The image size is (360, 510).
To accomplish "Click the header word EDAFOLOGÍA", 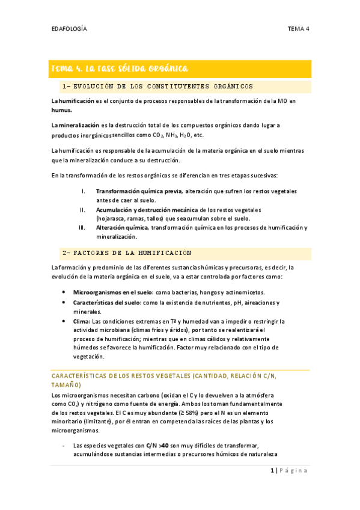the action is (x=69, y=28).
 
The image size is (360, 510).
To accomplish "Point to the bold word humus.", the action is (x=61, y=111).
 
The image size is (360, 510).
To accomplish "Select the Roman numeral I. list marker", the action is (x=84, y=191).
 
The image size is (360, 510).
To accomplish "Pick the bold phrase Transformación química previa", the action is (x=130, y=191).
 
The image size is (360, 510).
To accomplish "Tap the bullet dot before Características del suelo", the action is (x=64, y=302).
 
